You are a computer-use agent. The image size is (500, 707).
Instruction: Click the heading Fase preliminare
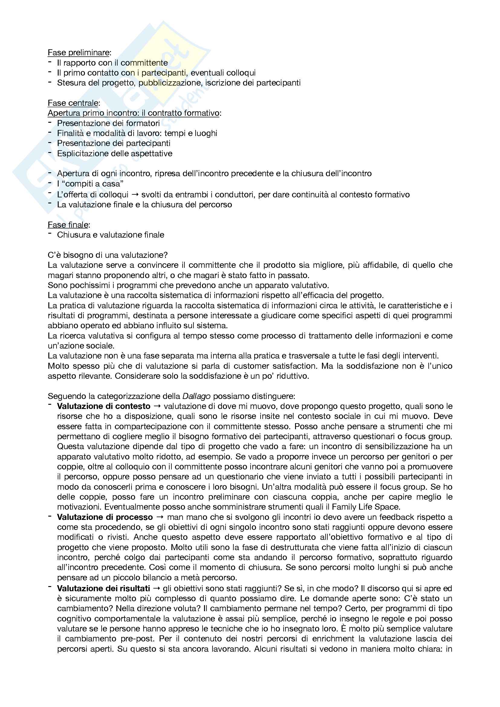[79, 53]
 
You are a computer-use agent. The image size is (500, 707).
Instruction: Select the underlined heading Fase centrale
[73, 103]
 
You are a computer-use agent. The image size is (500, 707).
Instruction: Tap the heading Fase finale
[68, 225]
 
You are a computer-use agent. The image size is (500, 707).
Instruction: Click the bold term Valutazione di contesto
[103, 406]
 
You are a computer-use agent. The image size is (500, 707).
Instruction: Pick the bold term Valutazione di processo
[105, 517]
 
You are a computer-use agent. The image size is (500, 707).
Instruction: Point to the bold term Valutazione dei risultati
[103, 589]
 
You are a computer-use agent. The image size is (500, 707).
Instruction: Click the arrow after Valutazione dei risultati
[156, 589]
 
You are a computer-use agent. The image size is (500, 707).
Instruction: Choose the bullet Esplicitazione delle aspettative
[115, 153]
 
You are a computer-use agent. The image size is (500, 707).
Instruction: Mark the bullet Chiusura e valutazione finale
[111, 235]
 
